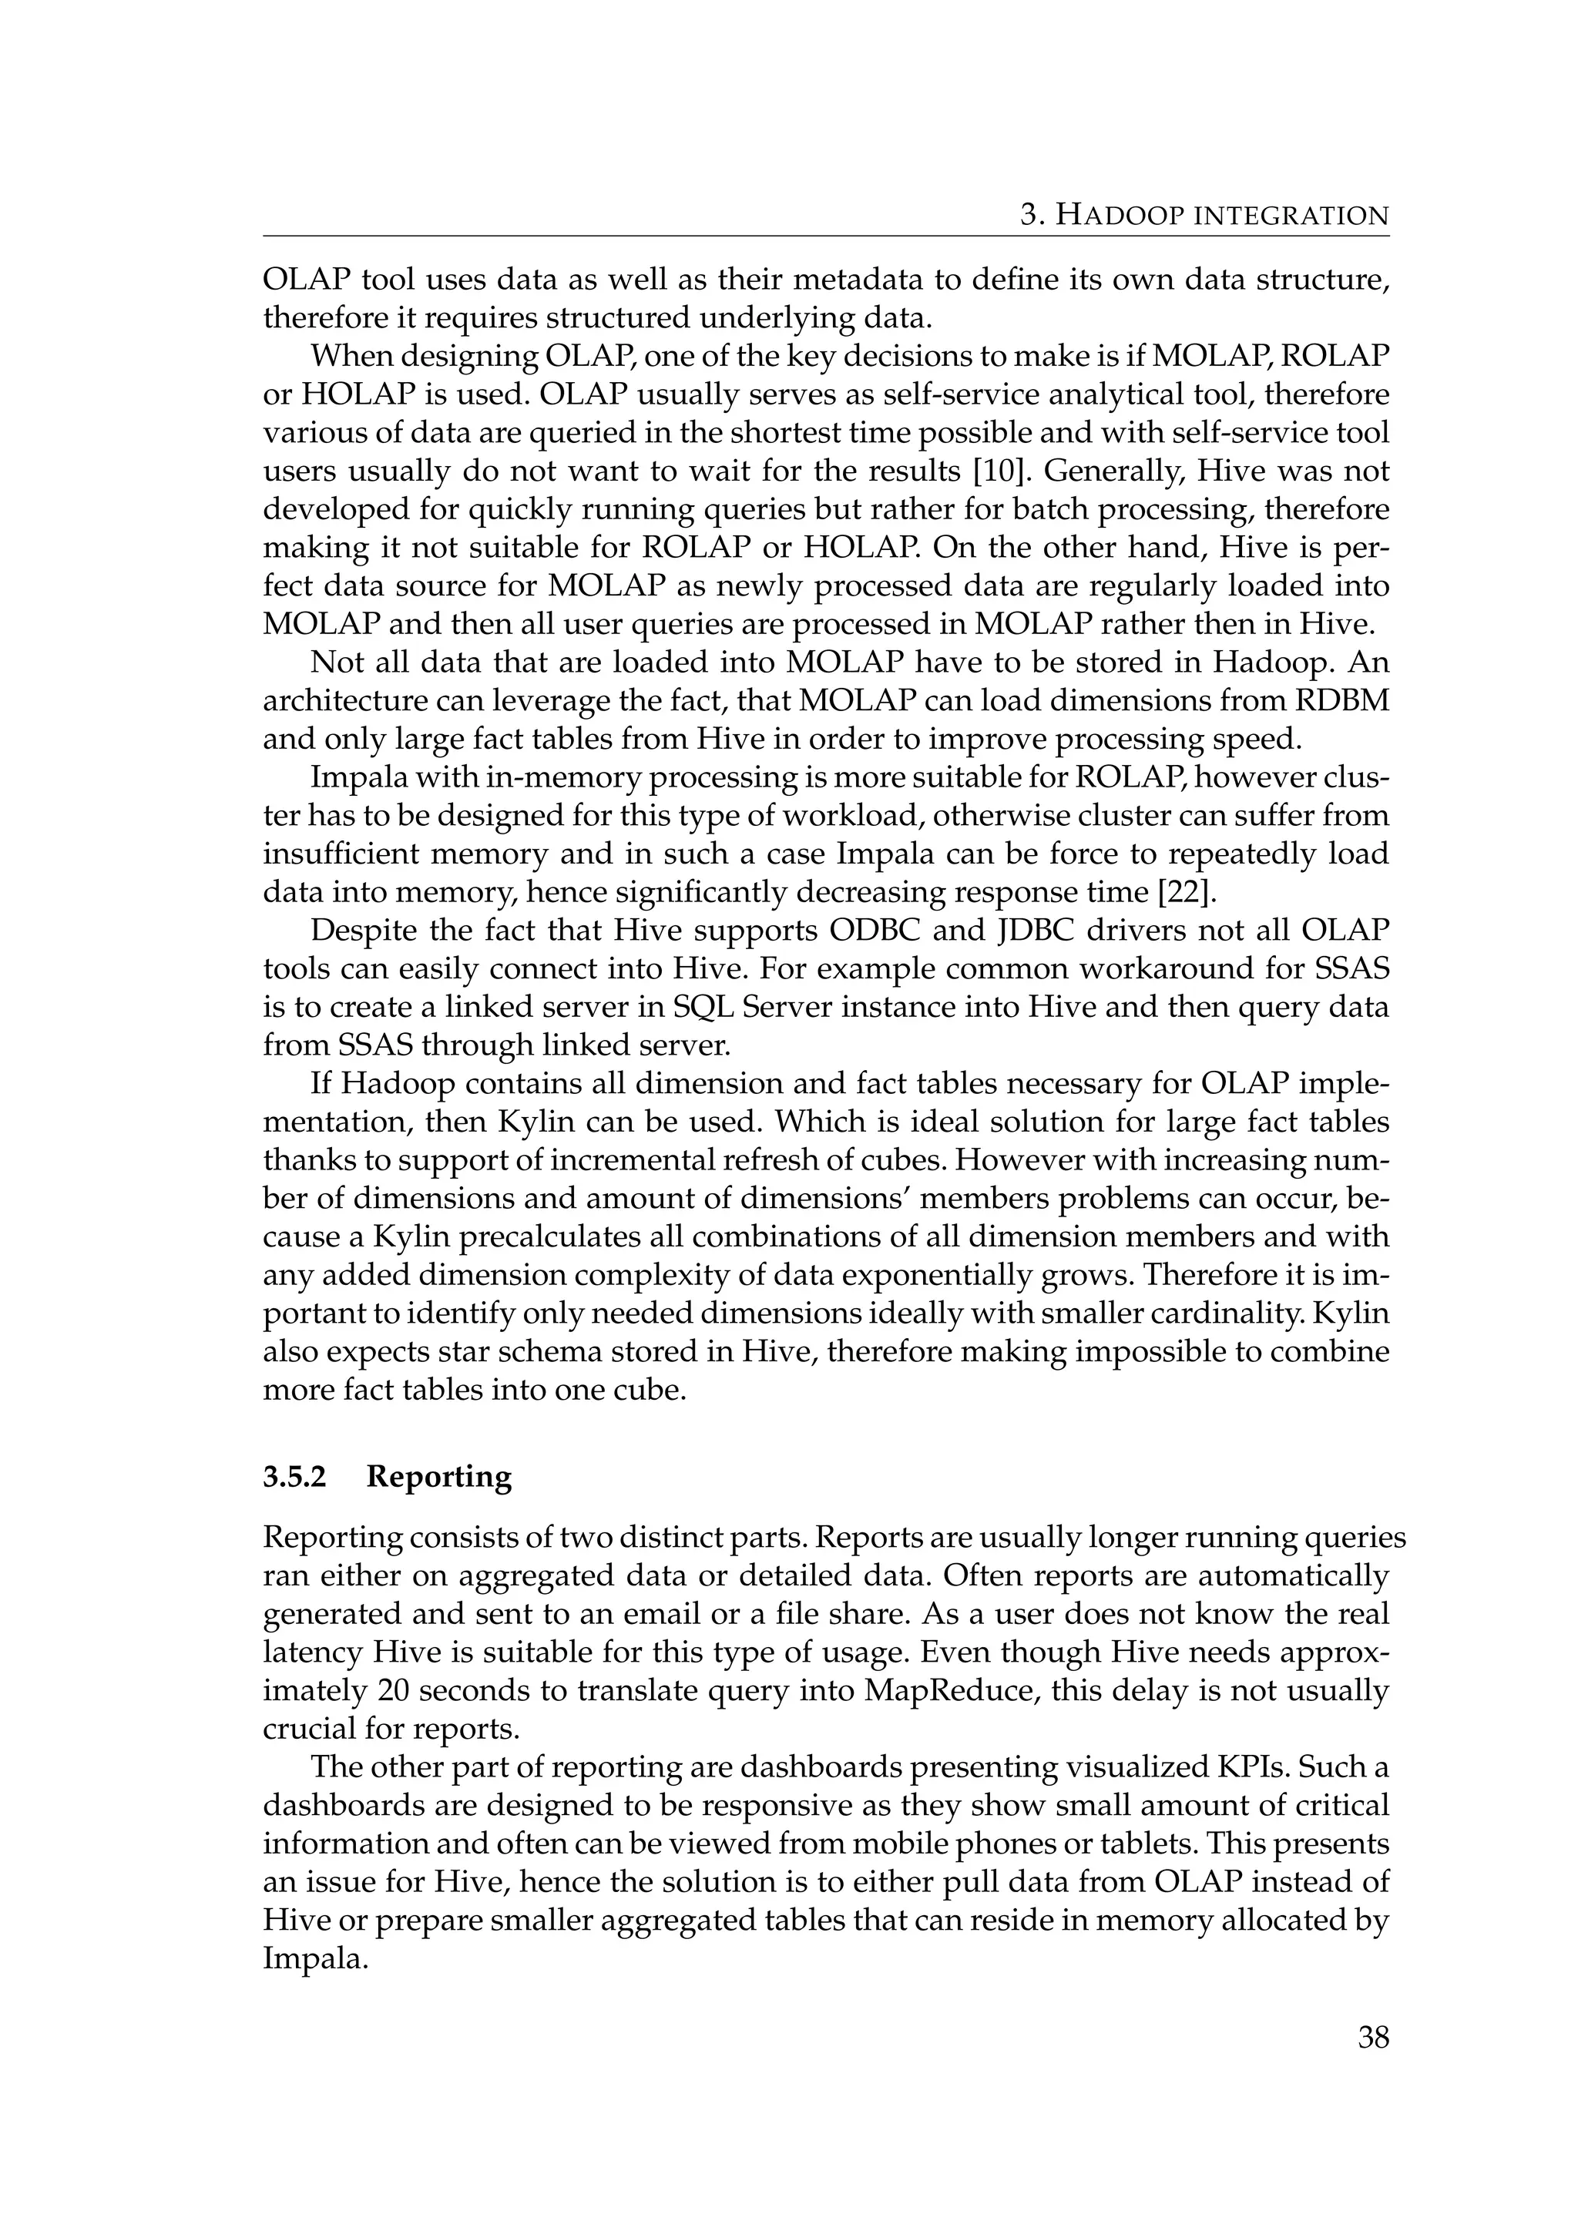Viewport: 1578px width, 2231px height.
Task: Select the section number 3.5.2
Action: click(295, 1476)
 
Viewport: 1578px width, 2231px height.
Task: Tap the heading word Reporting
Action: click(439, 1476)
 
